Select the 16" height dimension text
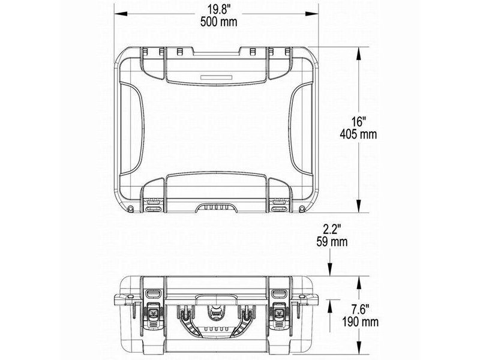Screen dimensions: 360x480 coord(359,121)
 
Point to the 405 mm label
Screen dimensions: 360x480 coord(359,134)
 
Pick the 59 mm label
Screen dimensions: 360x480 coord(332,242)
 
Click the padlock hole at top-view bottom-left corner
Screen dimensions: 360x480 coord(131,208)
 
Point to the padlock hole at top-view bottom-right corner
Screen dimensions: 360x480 coord(302,208)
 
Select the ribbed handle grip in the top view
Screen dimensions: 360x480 coord(217,206)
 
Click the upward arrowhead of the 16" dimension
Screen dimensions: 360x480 coord(359,53)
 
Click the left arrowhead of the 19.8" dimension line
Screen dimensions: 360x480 coord(118,12)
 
